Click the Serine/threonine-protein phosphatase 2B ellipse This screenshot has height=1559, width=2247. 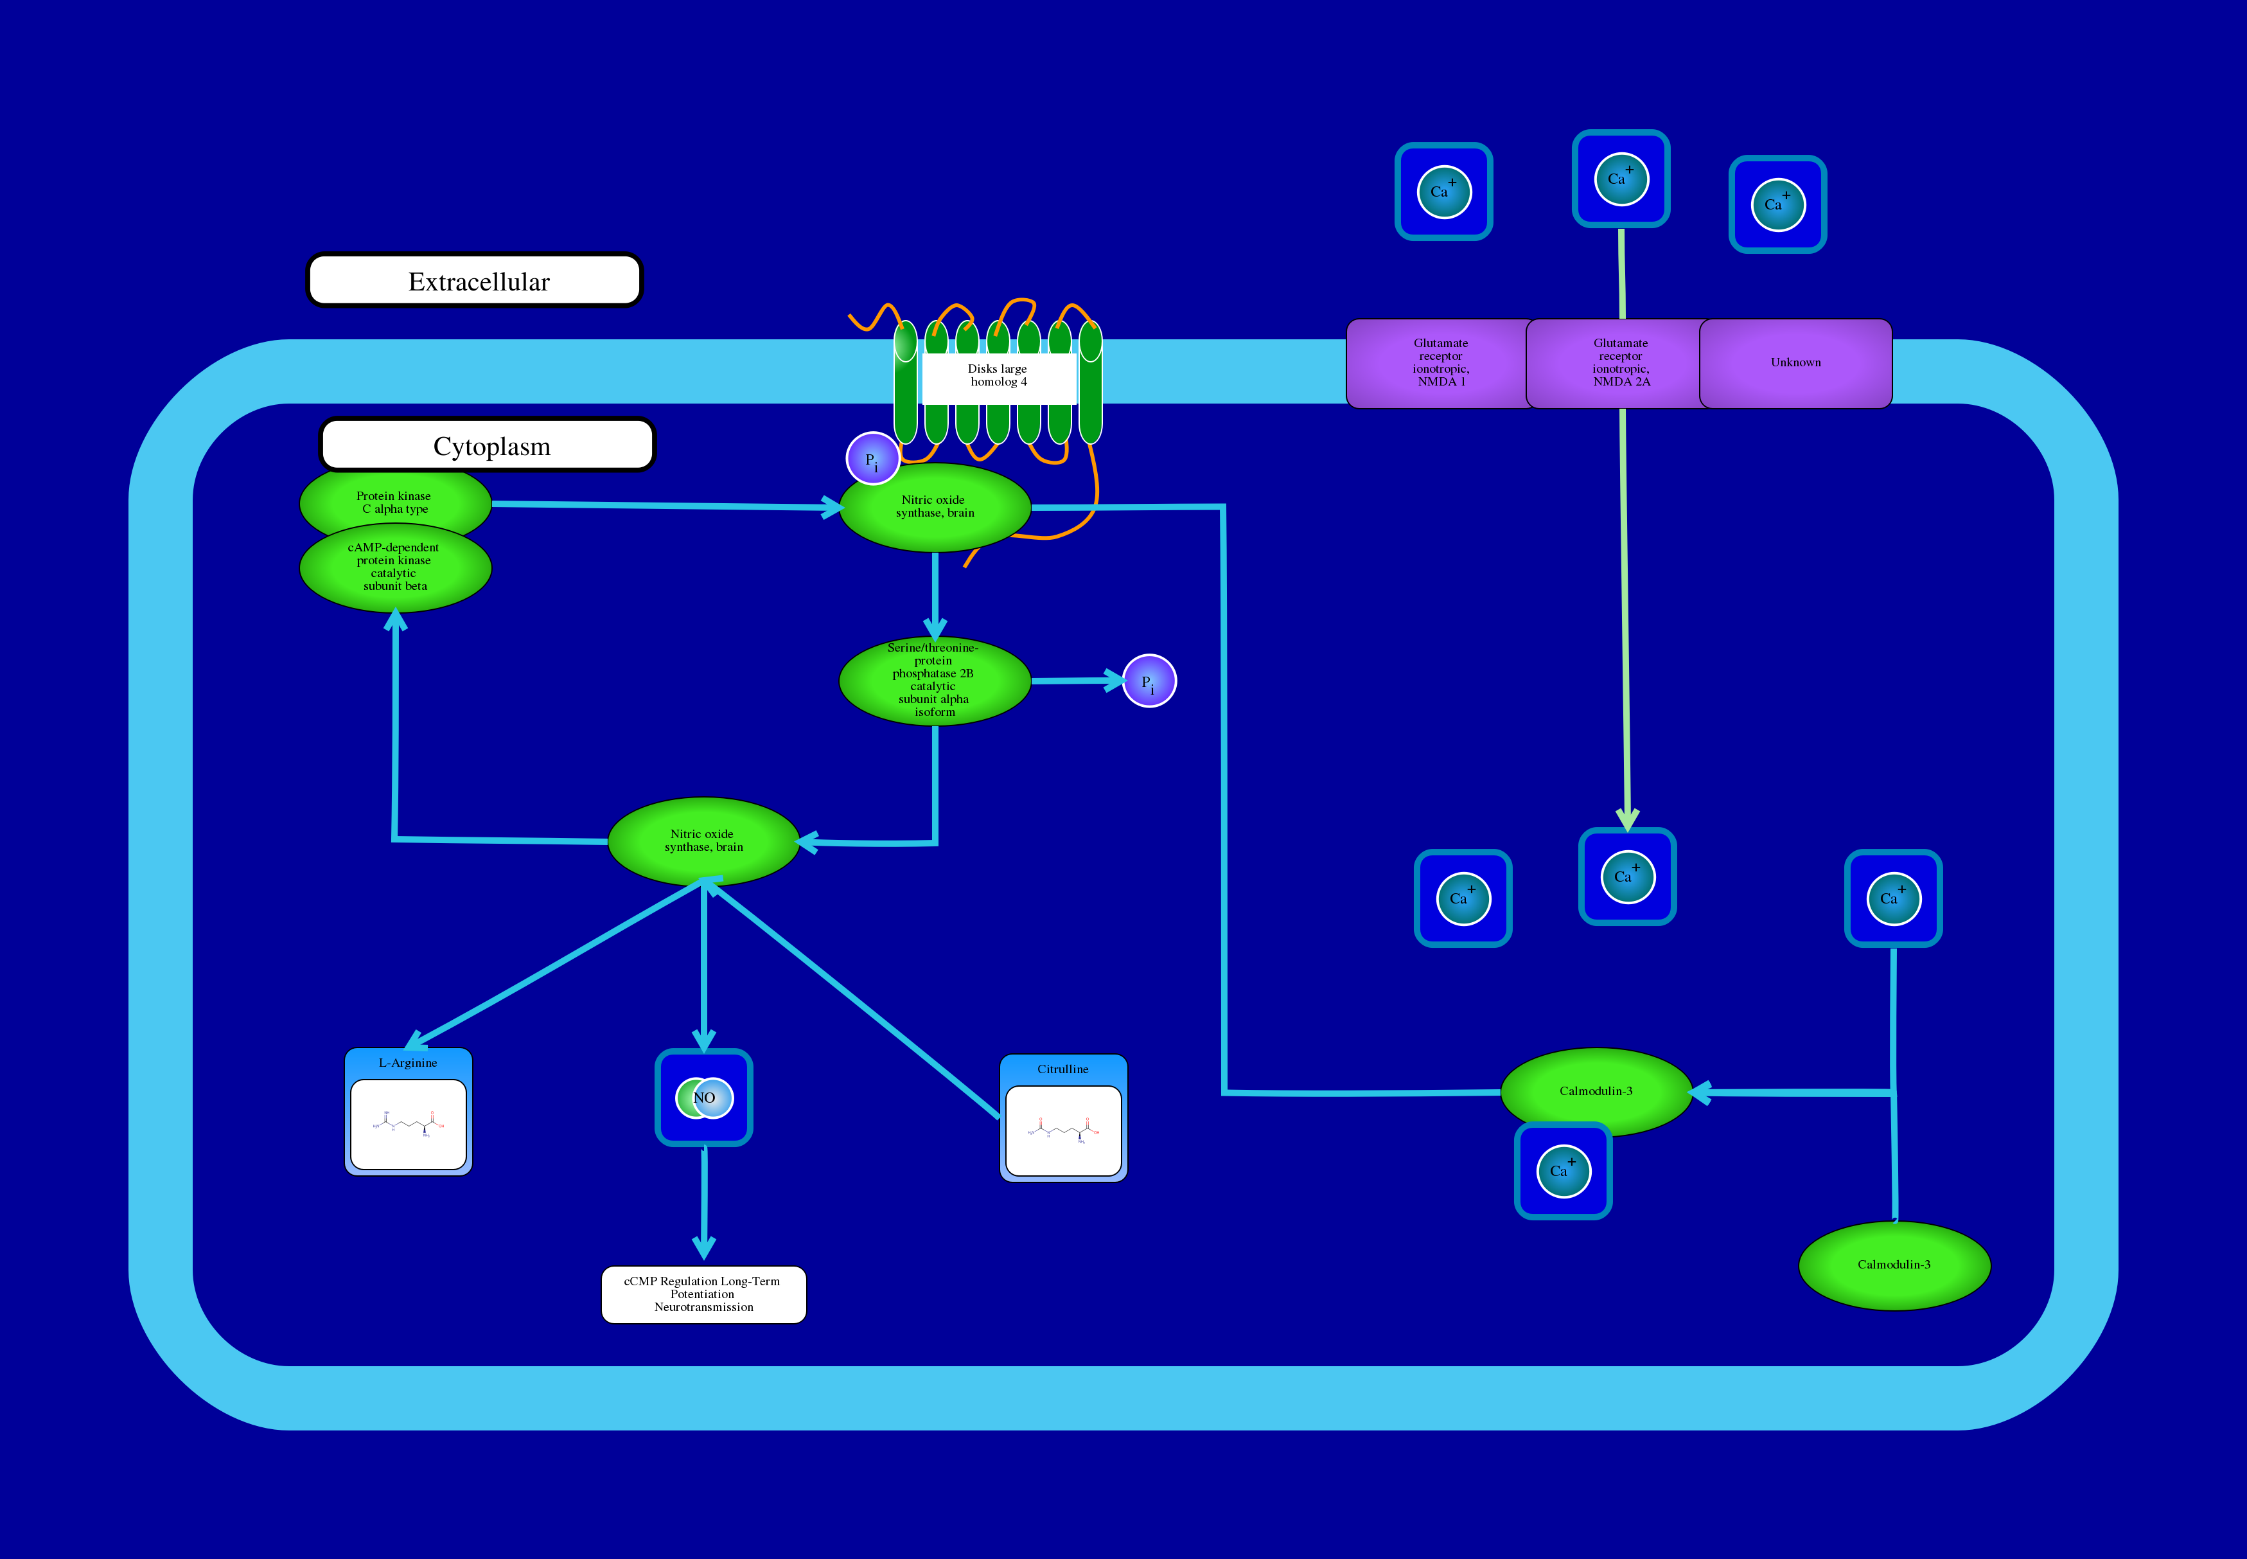coord(935,681)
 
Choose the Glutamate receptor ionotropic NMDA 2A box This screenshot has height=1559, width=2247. coord(1619,363)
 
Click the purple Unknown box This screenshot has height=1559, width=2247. coord(1795,363)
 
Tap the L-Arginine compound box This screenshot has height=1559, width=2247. coord(408,1112)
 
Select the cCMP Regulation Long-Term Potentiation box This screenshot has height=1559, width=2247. coord(703,1294)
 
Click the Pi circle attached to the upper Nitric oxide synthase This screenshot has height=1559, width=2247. coord(872,459)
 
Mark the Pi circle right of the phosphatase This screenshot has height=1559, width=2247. coord(1149,681)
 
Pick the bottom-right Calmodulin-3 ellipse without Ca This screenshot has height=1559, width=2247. coord(1894,1265)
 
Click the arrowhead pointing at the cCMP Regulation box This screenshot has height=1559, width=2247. coord(703,1249)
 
